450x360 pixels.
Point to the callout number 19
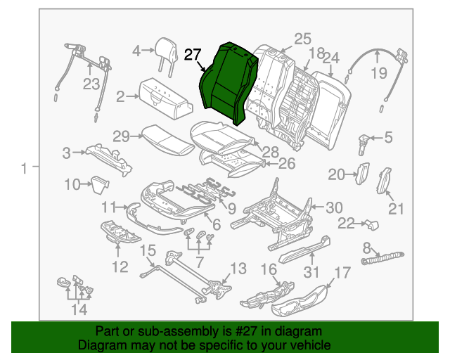379,73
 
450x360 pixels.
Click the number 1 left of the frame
25,168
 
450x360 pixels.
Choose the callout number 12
120,266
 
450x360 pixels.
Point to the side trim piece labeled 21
386,181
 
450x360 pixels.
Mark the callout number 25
302,39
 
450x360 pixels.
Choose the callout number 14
79,309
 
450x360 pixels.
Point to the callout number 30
333,207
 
